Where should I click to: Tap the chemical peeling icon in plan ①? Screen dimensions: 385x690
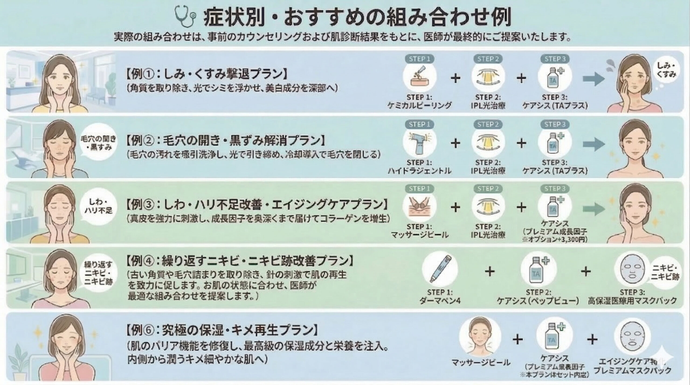pos(419,78)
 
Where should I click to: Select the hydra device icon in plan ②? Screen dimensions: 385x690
pos(419,144)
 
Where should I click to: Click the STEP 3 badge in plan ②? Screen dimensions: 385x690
pos(555,124)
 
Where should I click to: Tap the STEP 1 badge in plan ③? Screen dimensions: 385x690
pos(419,188)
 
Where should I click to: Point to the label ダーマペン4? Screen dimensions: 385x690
pos(440,301)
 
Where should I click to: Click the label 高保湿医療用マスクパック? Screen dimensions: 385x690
pos(632,301)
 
